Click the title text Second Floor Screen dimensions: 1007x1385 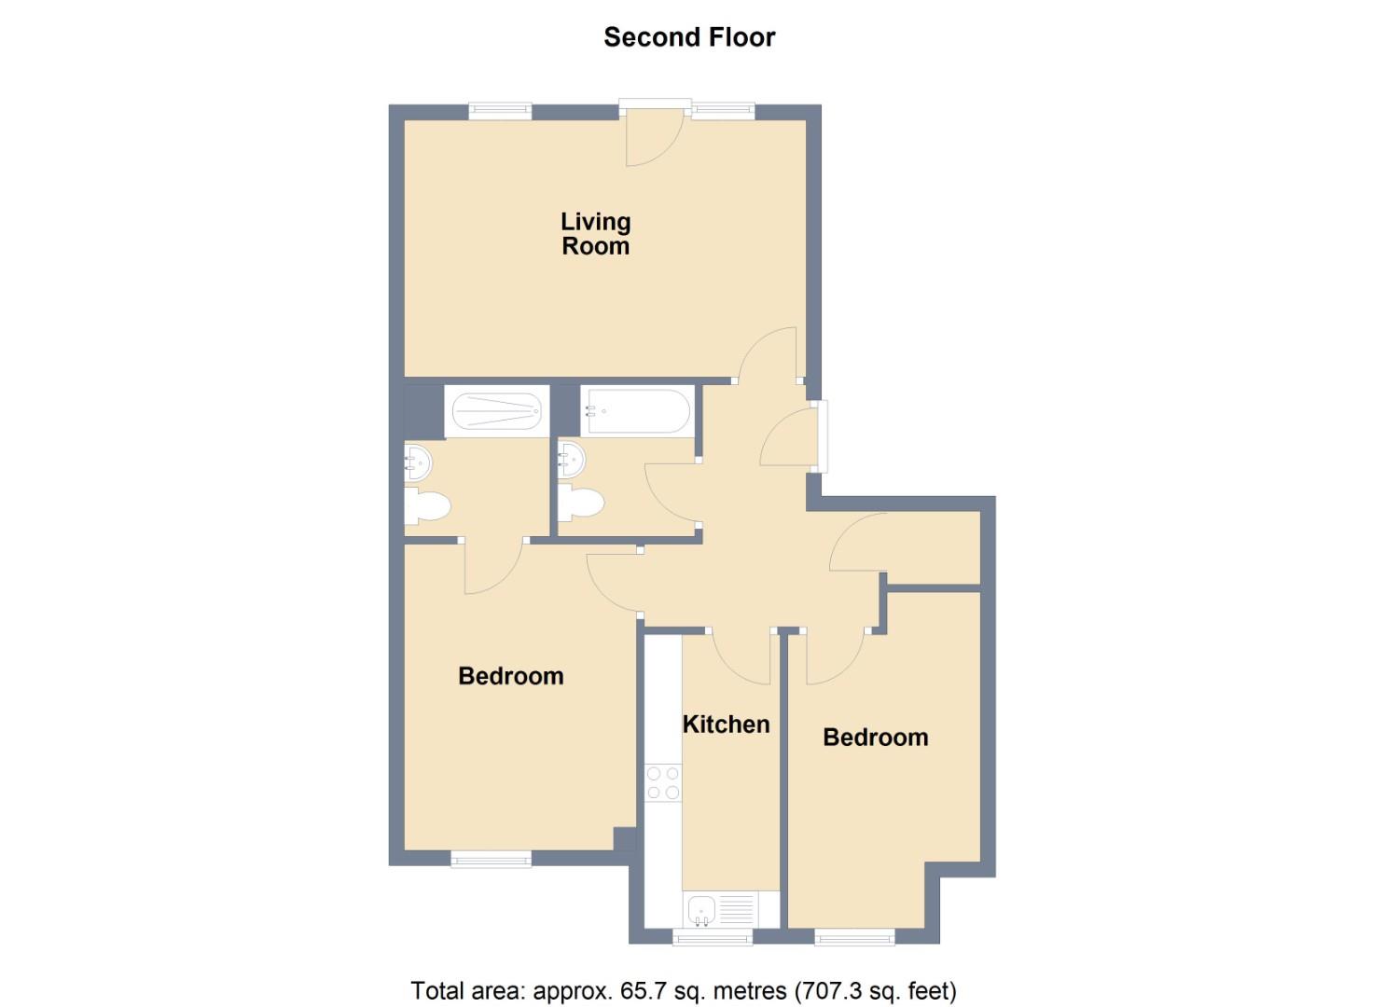(689, 37)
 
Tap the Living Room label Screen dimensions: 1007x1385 (596, 234)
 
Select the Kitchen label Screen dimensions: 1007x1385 (726, 724)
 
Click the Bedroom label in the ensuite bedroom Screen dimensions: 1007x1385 (510, 676)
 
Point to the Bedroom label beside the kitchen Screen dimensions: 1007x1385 (875, 738)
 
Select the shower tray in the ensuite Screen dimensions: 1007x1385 (495, 410)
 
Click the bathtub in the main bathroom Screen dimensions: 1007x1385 (637, 410)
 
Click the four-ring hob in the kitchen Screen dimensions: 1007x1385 (663, 782)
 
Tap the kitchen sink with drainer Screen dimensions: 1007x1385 (719, 909)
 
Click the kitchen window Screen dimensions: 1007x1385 (713, 936)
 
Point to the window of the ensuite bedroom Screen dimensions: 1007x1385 (491, 859)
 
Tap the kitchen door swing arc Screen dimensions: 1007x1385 (742, 657)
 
